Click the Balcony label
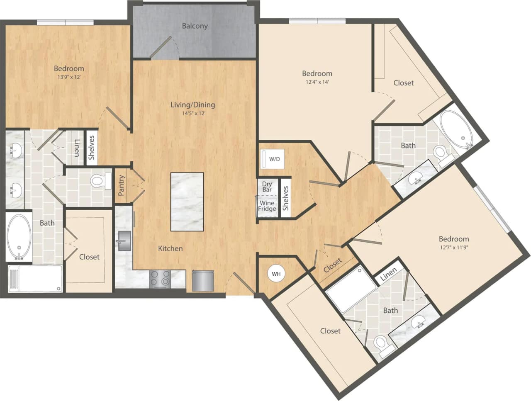click(x=195, y=26)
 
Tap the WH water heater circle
click(x=276, y=274)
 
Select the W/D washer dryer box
click(x=272, y=159)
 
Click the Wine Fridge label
click(x=267, y=206)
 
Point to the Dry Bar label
click(x=267, y=187)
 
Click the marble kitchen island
click(x=187, y=202)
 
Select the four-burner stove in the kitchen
click(x=160, y=278)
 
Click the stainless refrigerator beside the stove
click(x=203, y=280)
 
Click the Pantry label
click(x=122, y=185)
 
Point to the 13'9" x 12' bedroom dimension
click(x=69, y=77)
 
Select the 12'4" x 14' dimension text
click(x=317, y=82)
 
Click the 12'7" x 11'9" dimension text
click(x=454, y=248)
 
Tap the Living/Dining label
click(x=193, y=105)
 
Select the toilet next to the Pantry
click(x=100, y=181)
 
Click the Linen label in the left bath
click(x=77, y=148)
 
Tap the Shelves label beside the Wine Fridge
click(x=285, y=198)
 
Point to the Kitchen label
click(x=170, y=248)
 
